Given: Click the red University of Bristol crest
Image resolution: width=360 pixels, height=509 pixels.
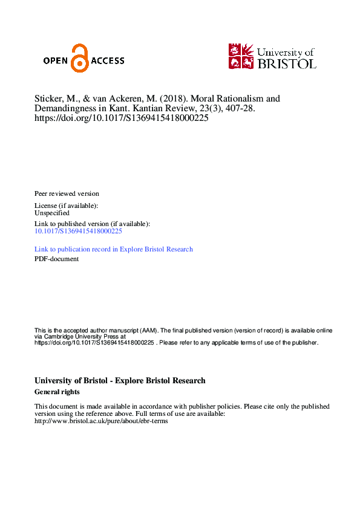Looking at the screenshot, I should click(241, 56).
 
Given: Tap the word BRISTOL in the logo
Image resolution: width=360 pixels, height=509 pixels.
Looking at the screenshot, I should click(286, 63).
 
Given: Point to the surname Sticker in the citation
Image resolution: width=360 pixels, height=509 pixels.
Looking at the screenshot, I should click(48, 98).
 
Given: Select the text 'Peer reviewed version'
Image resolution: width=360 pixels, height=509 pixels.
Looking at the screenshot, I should click(67, 193).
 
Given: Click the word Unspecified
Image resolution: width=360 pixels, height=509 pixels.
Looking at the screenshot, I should click(52, 213).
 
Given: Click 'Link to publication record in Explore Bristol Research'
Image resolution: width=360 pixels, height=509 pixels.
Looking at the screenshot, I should click(114, 249).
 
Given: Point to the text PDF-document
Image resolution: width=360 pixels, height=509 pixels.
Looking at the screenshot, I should click(56, 259).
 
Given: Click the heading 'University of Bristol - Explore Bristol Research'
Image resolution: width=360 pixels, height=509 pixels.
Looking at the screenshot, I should click(120, 381).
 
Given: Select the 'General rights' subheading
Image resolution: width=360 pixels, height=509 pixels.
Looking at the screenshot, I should click(57, 392).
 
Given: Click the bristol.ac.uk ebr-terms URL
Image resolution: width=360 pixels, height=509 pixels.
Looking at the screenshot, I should click(101, 421).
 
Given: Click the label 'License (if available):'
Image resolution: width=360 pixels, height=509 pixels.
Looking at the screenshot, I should click(66, 206).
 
